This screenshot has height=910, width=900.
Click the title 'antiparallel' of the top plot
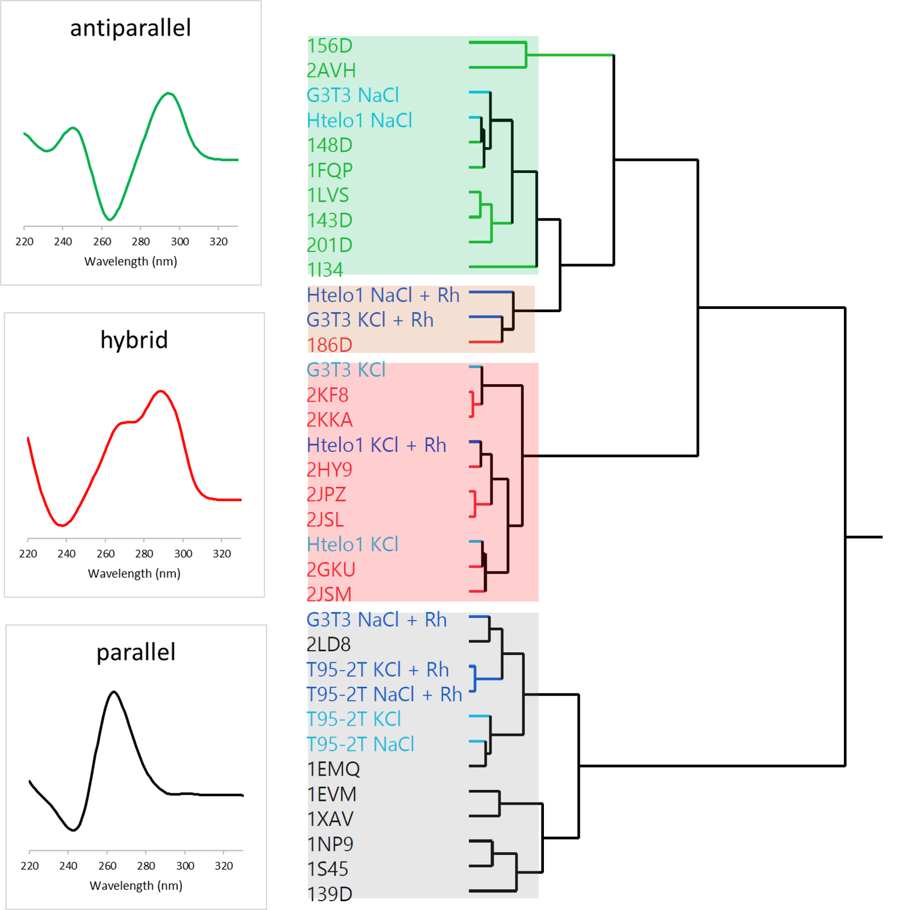pyautogui.click(x=130, y=28)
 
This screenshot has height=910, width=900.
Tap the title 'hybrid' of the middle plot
pyautogui.click(x=134, y=340)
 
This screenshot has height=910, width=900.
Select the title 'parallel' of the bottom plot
pyautogui.click(x=135, y=652)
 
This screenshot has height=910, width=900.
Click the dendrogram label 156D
pyautogui.click(x=330, y=46)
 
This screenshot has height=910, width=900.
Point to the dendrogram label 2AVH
pyautogui.click(x=331, y=70)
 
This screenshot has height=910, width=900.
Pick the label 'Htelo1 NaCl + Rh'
pyautogui.click(x=383, y=295)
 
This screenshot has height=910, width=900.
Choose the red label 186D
pyautogui.click(x=330, y=345)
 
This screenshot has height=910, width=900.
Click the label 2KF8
pyautogui.click(x=328, y=395)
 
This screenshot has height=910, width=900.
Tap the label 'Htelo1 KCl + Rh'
pyautogui.click(x=376, y=445)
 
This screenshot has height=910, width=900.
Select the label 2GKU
pyautogui.click(x=331, y=570)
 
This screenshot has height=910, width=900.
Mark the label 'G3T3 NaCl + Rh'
pyautogui.click(x=376, y=620)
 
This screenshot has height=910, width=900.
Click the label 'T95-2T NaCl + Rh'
pyautogui.click(x=384, y=694)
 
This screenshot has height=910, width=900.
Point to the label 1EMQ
pyautogui.click(x=333, y=769)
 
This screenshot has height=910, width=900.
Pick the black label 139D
pyautogui.click(x=330, y=894)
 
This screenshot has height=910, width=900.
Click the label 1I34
pyautogui.click(x=325, y=270)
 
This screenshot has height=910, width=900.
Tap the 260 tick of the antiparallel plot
pyautogui.click(x=102, y=242)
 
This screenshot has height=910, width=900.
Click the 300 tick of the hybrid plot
pyautogui.click(x=183, y=554)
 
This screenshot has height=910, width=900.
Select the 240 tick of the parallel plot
pyautogui.click(x=68, y=866)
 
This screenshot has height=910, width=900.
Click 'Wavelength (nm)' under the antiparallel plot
pyautogui.click(x=131, y=261)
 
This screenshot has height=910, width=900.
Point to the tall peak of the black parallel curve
pyautogui.click(x=114, y=692)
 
